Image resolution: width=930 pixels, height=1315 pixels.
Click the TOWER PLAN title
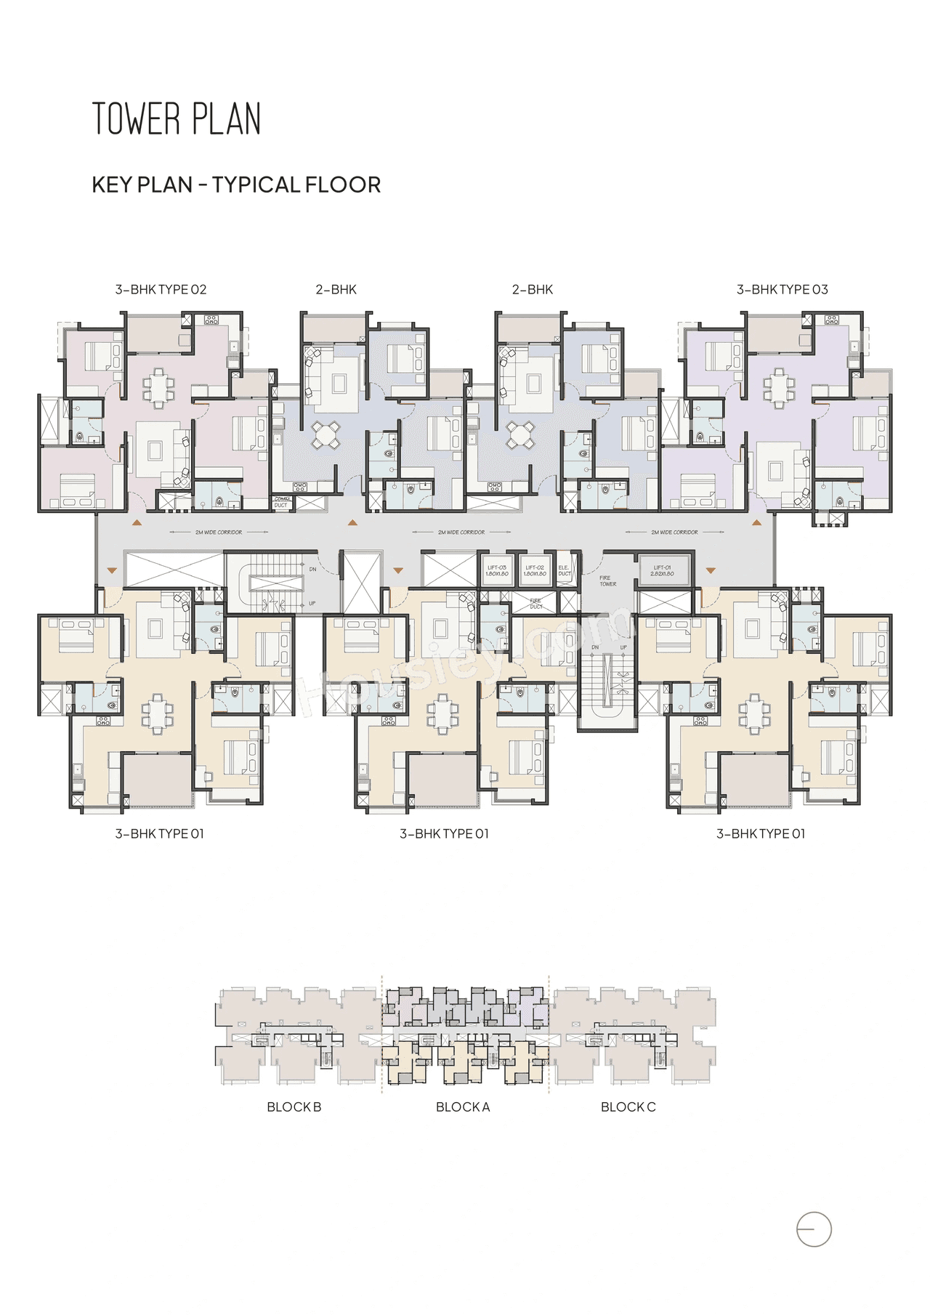point(176,119)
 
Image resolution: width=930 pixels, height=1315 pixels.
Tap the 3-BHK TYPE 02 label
point(161,289)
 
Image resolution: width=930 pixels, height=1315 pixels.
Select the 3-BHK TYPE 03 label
point(782,289)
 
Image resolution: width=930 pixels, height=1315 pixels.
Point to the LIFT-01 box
point(663,570)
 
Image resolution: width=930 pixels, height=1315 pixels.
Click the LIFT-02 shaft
point(535,570)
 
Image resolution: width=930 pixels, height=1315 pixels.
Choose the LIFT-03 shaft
point(497,570)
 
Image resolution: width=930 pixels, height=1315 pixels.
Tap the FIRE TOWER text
point(607,580)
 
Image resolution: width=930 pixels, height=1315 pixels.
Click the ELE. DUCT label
point(565,570)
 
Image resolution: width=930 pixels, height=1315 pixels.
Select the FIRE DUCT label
point(535,604)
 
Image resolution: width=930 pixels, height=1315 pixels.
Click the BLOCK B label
point(294,1107)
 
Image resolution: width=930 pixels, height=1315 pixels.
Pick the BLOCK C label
point(628,1107)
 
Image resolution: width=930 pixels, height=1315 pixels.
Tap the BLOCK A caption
point(463,1107)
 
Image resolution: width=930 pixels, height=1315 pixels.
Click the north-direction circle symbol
point(814,1230)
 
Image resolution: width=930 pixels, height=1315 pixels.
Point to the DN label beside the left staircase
point(312,569)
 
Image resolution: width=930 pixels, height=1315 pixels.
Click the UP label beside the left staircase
point(312,603)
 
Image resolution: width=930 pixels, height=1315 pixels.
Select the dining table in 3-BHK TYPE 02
point(158,386)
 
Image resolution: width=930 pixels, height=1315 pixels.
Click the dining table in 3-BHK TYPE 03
point(779,386)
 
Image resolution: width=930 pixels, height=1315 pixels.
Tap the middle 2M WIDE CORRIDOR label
point(461,533)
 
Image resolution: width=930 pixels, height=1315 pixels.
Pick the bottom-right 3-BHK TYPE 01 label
point(761,834)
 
